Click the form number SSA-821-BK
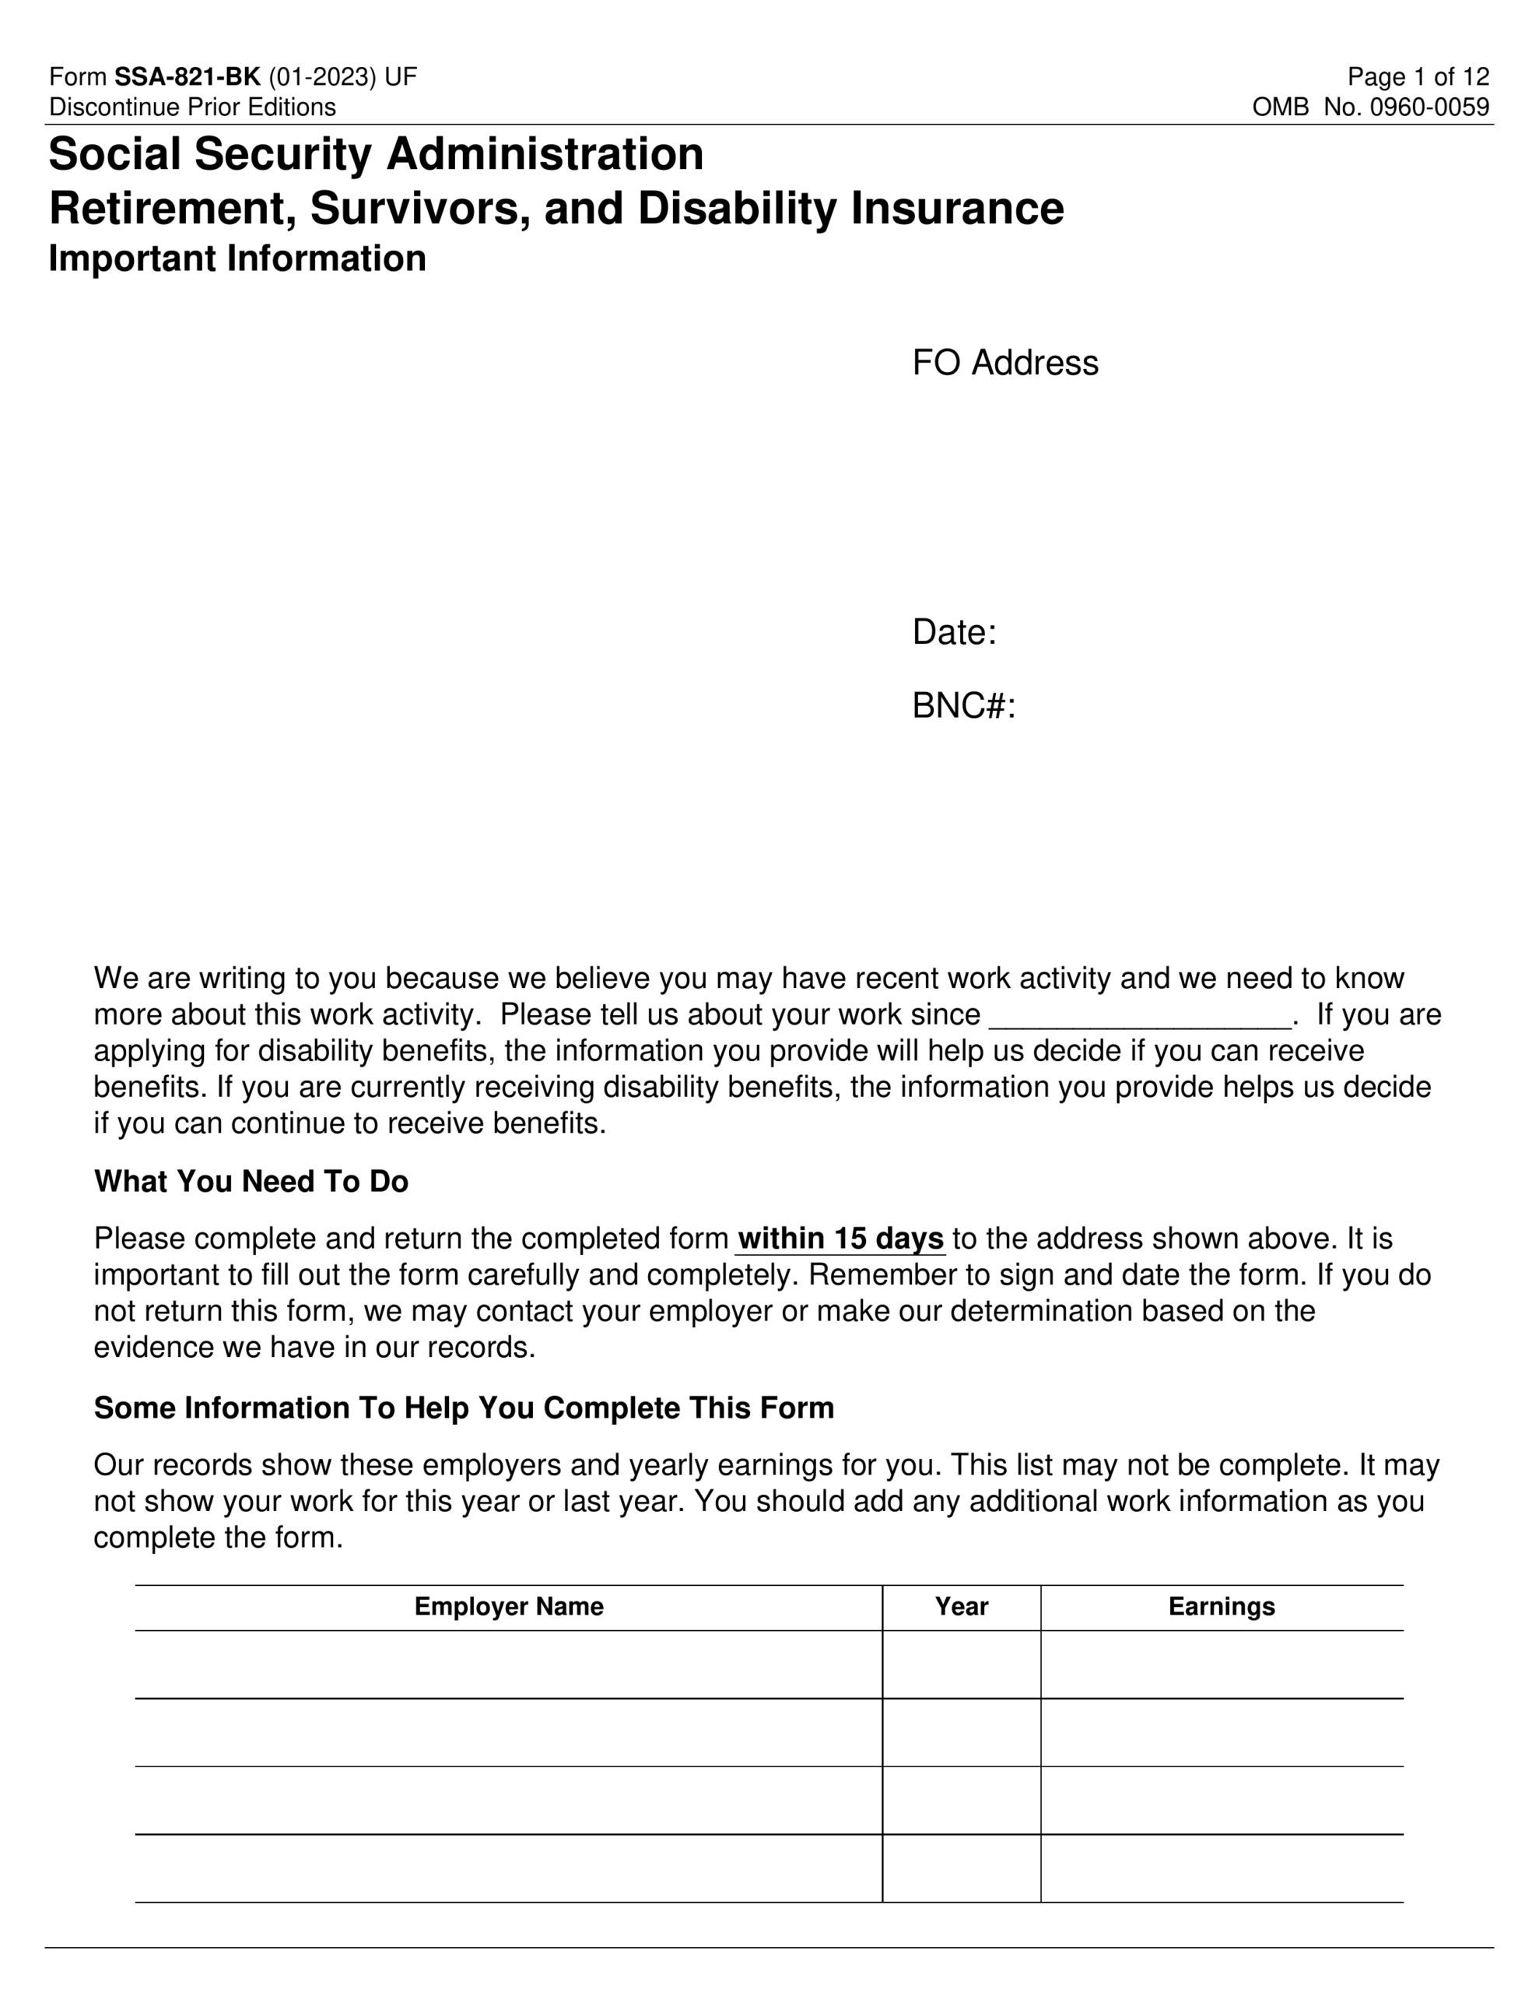click(187, 76)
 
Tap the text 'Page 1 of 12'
click(1418, 76)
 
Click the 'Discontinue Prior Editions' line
click(192, 107)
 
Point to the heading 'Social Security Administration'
click(376, 153)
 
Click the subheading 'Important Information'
click(237, 258)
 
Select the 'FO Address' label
click(1004, 364)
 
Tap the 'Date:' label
click(953, 632)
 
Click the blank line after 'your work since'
click(1141, 1016)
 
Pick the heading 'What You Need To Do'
click(251, 1182)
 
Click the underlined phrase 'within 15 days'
click(840, 1239)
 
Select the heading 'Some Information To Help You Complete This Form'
click(464, 1408)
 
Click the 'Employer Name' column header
click(508, 1607)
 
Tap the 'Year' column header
click(961, 1607)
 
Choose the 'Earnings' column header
click(1221, 1607)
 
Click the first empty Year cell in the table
click(961, 1664)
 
